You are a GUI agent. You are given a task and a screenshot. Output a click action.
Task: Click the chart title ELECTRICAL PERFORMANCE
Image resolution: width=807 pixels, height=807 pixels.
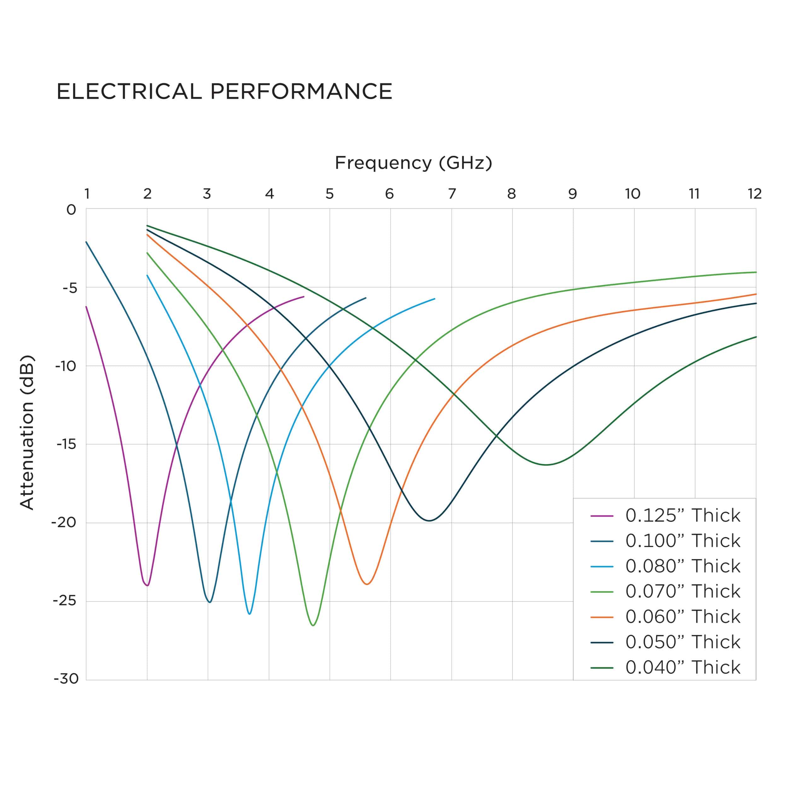(x=224, y=91)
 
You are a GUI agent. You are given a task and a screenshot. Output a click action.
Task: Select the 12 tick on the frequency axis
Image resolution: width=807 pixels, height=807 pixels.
(x=754, y=194)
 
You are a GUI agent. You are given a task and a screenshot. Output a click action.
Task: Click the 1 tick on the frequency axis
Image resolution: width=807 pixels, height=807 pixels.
(x=87, y=194)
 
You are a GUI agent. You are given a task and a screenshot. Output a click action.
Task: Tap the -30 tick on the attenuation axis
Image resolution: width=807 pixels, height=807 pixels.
(x=66, y=679)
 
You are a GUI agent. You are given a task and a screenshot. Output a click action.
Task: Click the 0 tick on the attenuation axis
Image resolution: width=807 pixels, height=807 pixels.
(x=72, y=210)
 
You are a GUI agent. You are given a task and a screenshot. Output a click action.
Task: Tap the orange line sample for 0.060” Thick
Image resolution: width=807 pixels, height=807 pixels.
(x=601, y=617)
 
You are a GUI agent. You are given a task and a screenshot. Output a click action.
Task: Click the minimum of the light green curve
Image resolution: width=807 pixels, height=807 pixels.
(x=313, y=625)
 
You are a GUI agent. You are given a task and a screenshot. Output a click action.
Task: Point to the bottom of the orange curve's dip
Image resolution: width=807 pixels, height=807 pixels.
(x=367, y=584)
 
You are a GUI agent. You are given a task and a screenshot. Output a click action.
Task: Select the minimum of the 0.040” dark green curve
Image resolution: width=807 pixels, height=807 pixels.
(x=546, y=464)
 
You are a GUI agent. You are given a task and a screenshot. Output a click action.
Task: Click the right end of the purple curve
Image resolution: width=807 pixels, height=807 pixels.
(x=304, y=297)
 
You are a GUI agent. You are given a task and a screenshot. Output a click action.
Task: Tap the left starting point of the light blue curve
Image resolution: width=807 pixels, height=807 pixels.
(x=147, y=275)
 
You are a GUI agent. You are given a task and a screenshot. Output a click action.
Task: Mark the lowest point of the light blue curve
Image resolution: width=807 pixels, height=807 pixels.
(x=249, y=614)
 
